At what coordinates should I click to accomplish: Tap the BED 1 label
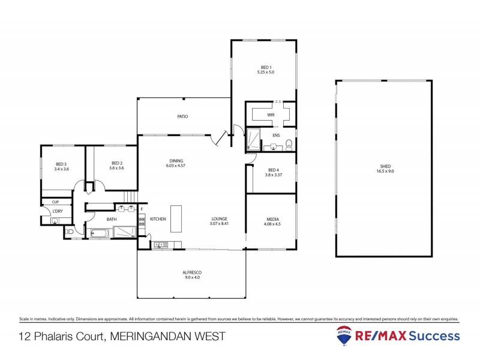266,67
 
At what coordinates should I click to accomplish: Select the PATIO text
182,116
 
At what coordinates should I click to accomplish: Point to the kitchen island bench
176,218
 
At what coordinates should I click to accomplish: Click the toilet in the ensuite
289,143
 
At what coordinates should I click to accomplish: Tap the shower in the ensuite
254,140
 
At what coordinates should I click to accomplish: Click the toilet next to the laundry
70,231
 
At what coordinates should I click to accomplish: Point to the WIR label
271,114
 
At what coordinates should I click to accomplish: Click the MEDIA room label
272,219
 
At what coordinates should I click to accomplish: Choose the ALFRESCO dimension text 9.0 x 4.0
191,278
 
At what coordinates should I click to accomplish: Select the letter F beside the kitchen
142,209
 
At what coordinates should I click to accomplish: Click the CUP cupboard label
55,202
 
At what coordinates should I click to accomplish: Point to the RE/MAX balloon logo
344,336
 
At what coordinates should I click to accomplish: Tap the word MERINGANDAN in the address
151,337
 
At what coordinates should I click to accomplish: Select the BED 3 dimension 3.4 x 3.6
62,169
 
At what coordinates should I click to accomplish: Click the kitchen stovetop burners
142,225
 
